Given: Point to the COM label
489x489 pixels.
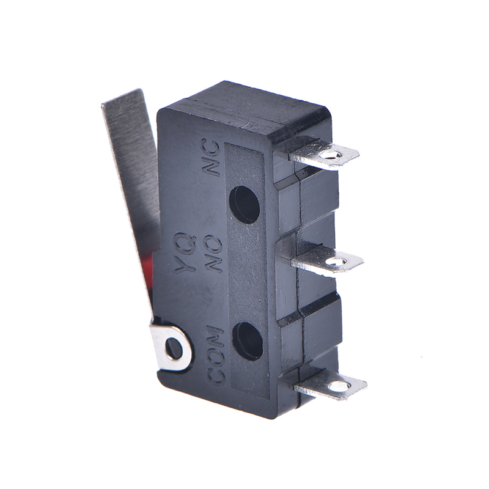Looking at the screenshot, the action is click(x=215, y=355).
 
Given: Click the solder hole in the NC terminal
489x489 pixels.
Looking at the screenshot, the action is click(x=331, y=154).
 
